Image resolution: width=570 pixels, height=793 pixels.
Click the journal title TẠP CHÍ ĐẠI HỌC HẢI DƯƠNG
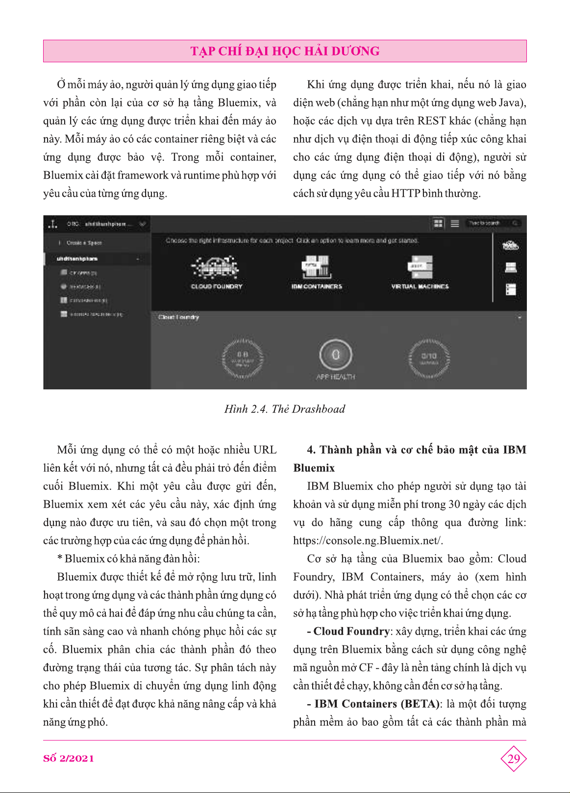[x=285, y=51]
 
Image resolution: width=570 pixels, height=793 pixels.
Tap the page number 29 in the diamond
[x=513, y=759]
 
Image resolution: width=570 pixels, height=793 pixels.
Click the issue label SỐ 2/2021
[x=69, y=758]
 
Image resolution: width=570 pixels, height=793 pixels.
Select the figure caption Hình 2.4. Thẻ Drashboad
[x=284, y=409]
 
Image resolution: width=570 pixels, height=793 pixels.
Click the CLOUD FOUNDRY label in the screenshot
[x=217, y=286]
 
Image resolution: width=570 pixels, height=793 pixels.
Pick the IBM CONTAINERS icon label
[x=317, y=286]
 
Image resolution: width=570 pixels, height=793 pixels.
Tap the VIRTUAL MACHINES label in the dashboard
[x=420, y=286]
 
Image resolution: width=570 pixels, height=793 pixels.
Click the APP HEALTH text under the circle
[x=336, y=377]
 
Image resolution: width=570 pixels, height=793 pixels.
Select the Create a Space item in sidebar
[x=84, y=243]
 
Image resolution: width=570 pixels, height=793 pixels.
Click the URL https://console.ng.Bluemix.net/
[x=368, y=541]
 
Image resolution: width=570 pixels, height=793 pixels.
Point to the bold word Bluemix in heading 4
[x=314, y=468]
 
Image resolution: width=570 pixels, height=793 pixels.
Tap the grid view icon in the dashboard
[x=438, y=224]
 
